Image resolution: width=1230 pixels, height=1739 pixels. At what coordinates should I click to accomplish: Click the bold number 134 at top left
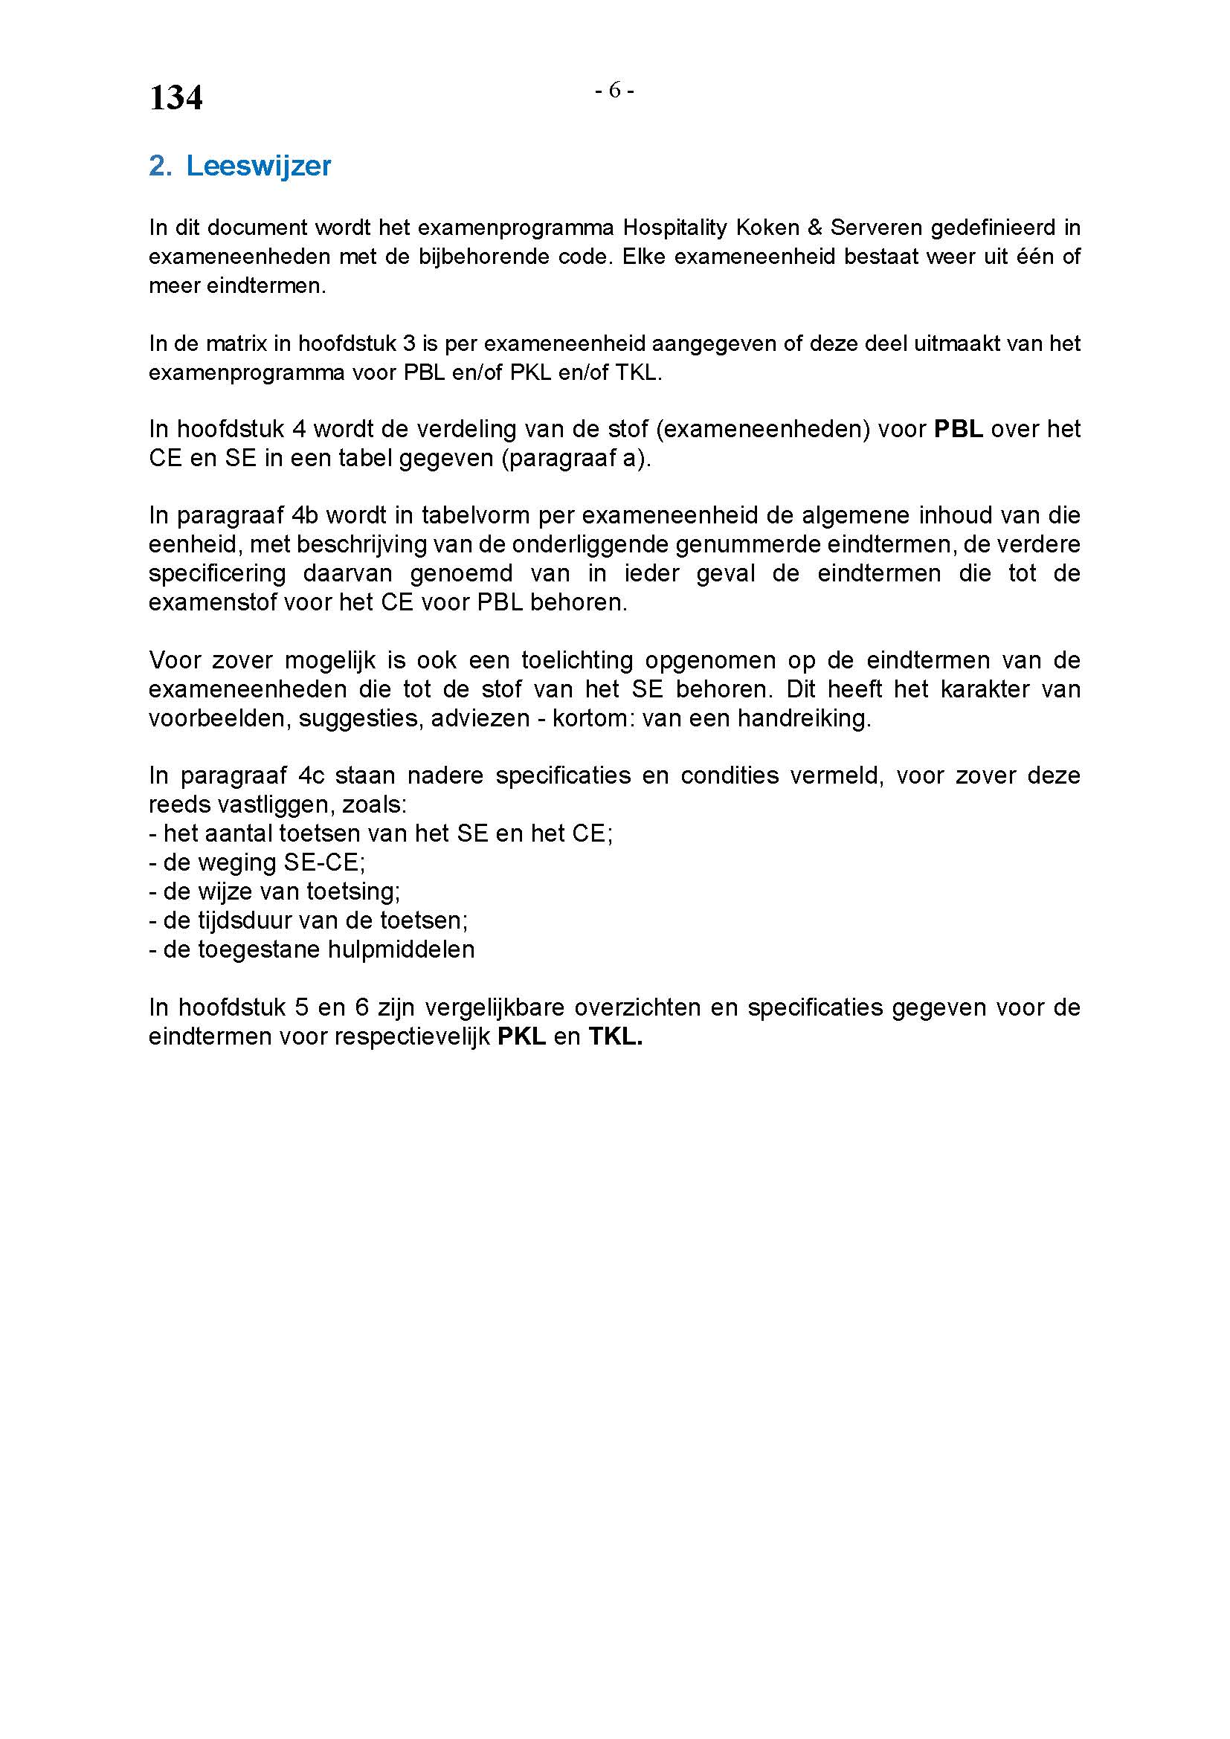(176, 97)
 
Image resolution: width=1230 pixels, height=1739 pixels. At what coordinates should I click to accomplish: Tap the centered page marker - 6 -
(614, 91)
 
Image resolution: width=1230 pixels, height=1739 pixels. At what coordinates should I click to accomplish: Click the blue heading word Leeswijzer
(258, 166)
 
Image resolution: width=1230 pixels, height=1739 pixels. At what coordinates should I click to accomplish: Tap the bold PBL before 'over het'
(958, 429)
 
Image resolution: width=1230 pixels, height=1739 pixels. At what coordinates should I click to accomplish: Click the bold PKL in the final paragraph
(521, 1036)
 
